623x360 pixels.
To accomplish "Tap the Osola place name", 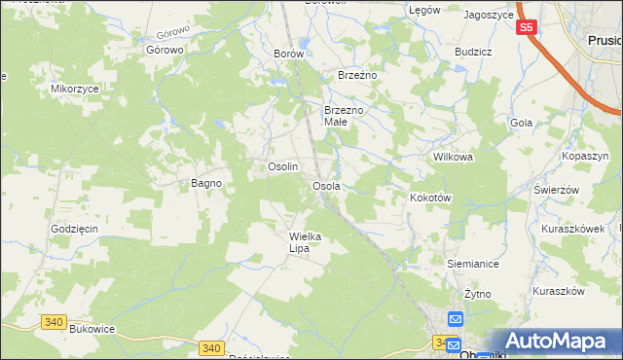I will (x=325, y=186).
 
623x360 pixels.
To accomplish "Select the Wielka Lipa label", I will (x=305, y=242).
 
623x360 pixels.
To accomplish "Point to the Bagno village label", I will (x=205, y=183).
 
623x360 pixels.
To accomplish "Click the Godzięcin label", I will (x=75, y=229).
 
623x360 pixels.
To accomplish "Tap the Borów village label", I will (x=289, y=54).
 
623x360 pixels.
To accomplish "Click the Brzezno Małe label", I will (x=344, y=117).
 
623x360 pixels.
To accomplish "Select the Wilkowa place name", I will (x=452, y=157).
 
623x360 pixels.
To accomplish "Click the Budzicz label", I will (x=472, y=52).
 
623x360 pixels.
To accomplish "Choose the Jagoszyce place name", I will (x=489, y=16).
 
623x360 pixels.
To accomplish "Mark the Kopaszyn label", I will (x=585, y=156).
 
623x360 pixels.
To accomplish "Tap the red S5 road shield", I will (x=526, y=28).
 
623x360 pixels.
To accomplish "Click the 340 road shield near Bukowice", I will (x=54, y=321).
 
